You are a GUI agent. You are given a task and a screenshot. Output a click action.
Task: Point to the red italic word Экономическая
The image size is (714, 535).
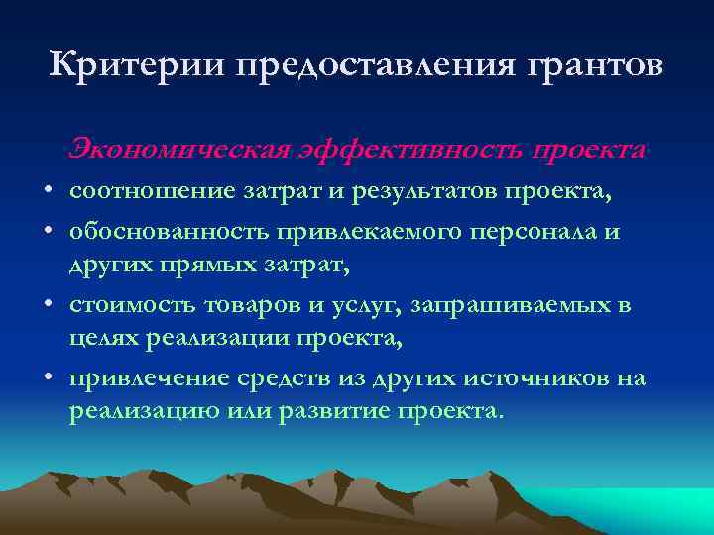pos(178,149)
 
